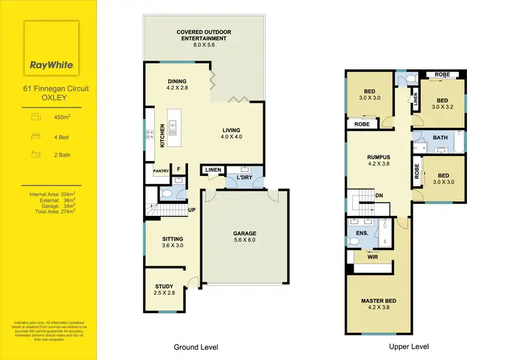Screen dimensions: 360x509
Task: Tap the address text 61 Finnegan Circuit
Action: point(52,88)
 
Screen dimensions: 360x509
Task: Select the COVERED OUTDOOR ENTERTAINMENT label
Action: point(201,35)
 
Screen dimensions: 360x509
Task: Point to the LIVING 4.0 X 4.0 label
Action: point(232,133)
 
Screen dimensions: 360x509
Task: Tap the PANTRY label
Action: point(160,171)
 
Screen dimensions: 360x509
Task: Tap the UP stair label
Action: point(192,210)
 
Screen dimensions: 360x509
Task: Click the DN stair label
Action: point(379,196)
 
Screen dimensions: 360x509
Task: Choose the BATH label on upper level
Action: point(440,138)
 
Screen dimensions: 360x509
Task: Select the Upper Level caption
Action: point(409,346)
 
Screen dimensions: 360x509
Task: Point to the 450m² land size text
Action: point(62,117)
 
